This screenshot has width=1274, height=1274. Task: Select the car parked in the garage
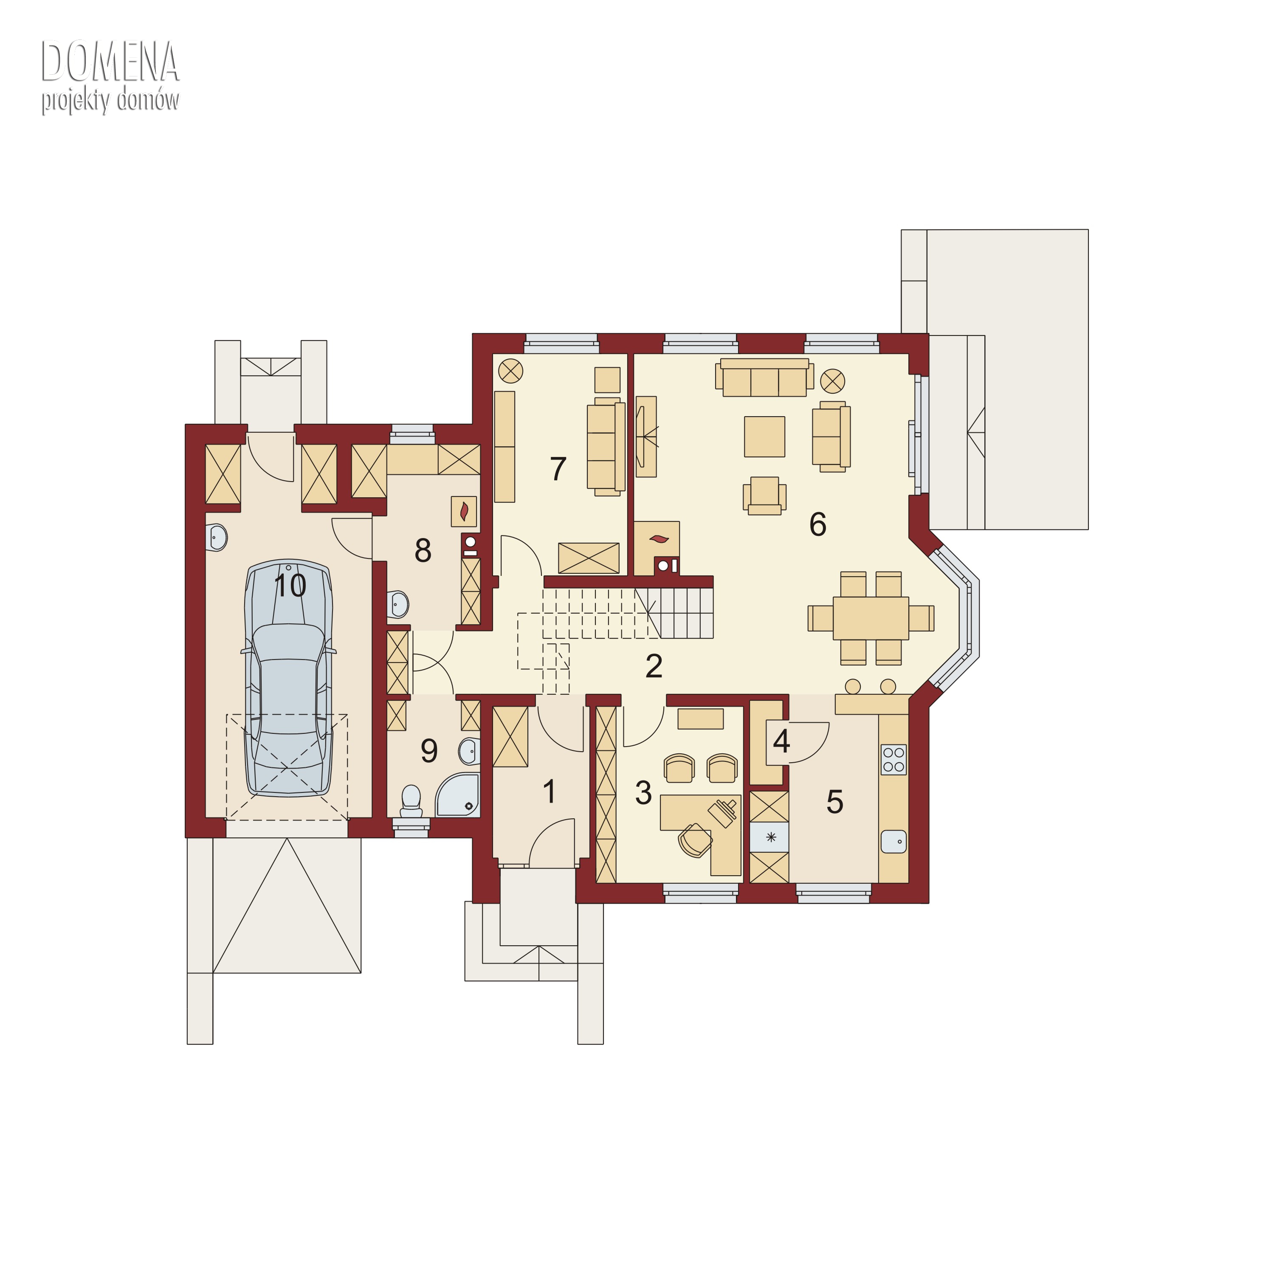point(289,679)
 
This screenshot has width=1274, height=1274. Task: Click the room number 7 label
point(558,469)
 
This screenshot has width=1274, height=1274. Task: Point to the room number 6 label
point(817,524)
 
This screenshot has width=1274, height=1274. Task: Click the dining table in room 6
point(871,618)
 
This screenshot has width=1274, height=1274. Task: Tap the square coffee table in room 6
point(764,437)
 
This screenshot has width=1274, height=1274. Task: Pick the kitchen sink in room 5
point(893,841)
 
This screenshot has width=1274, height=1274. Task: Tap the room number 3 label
point(643,792)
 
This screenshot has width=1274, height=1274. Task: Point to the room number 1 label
point(549,791)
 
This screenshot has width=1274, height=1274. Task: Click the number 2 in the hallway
point(654,666)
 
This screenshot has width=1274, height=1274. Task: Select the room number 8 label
point(423,550)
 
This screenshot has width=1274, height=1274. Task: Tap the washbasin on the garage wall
point(217,538)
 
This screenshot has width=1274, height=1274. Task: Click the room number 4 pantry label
point(781,742)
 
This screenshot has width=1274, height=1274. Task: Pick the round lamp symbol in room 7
point(510,371)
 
